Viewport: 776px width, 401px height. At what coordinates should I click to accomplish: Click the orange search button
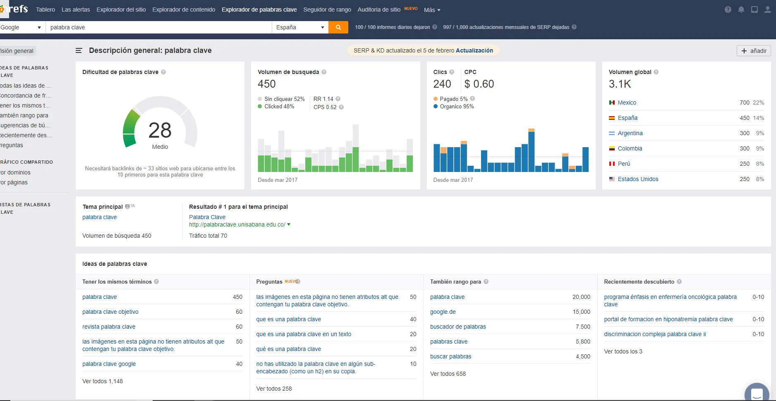(338, 27)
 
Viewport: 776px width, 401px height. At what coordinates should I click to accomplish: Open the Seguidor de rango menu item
(327, 10)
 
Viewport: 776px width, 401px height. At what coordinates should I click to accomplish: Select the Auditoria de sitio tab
(379, 10)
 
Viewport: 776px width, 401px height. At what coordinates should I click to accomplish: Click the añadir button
(754, 51)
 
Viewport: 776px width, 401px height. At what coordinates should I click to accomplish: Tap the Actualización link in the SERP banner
(474, 50)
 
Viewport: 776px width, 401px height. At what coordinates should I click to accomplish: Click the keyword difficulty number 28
(160, 130)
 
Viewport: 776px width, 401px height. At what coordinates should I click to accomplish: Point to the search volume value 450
(266, 84)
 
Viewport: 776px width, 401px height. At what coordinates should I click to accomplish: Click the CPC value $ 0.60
(479, 84)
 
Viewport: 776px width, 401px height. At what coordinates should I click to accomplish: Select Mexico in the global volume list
(627, 103)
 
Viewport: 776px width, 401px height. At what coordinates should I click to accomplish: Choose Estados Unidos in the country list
(638, 179)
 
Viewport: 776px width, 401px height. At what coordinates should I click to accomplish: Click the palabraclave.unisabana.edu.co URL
(237, 224)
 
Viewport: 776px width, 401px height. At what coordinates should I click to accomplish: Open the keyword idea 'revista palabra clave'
(109, 327)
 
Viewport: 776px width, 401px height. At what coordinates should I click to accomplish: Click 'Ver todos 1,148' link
(103, 381)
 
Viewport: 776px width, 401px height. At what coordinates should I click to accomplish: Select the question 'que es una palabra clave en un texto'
(304, 334)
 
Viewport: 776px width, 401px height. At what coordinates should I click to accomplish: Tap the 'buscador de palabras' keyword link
(458, 327)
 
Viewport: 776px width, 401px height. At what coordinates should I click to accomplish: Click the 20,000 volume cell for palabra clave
(581, 297)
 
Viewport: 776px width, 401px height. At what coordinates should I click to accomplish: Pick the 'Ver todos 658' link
(448, 374)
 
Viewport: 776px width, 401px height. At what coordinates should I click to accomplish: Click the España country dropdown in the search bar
(300, 27)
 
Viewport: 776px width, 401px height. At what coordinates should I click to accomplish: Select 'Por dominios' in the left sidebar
(15, 172)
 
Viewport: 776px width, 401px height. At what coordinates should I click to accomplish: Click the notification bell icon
(741, 10)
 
